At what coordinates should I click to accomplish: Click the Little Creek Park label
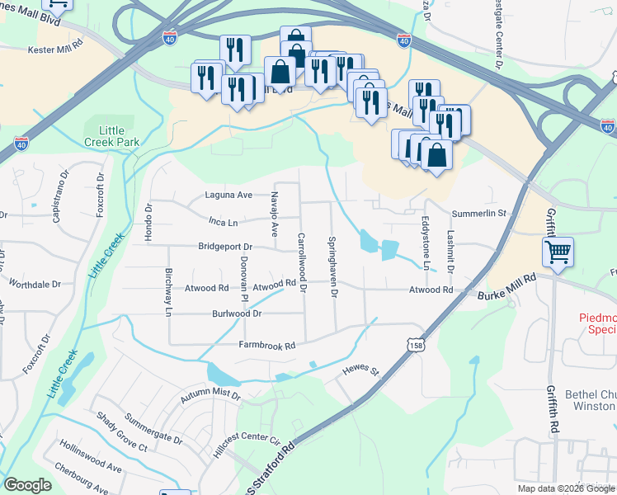coord(120,136)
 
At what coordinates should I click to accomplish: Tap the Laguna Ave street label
coord(228,196)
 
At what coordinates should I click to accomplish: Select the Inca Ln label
coord(223,223)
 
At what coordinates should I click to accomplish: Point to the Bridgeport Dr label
coord(224,247)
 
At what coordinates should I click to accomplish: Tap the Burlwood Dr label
coord(236,314)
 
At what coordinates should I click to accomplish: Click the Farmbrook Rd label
coord(267,346)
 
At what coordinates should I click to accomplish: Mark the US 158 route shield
coord(415,346)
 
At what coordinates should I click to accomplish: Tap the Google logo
coord(27,485)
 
